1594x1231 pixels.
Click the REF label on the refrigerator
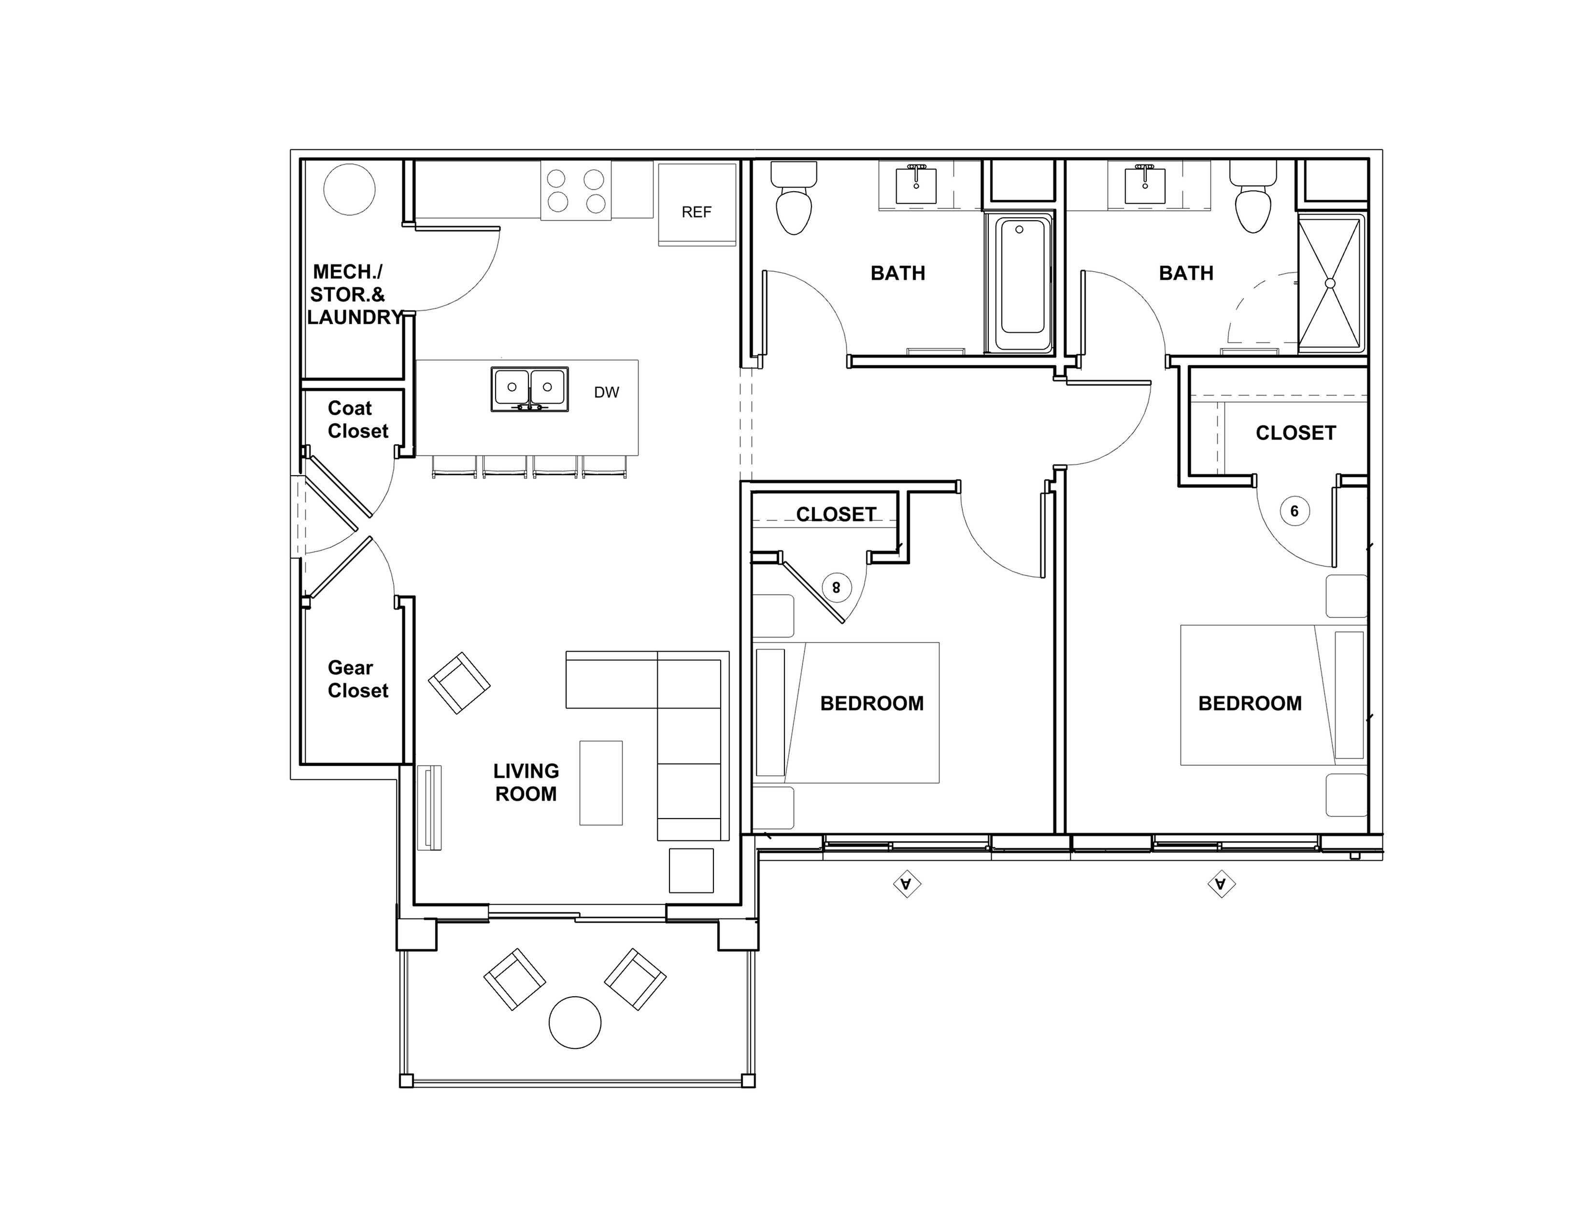(696, 212)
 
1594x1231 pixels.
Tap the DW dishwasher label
(607, 393)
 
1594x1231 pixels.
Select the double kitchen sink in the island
(529, 389)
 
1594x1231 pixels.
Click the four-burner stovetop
(576, 190)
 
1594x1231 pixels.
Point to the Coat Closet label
(357, 420)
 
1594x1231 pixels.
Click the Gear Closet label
(357, 679)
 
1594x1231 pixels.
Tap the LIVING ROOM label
(526, 782)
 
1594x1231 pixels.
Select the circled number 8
(837, 587)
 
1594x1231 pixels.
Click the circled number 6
(1295, 511)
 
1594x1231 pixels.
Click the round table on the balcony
(575, 1022)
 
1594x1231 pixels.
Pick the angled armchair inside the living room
(459, 683)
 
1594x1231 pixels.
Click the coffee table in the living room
(601, 783)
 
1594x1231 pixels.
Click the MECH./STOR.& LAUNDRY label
(355, 295)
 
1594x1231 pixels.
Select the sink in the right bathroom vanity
(1145, 186)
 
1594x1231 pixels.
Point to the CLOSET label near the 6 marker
(1295, 433)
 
